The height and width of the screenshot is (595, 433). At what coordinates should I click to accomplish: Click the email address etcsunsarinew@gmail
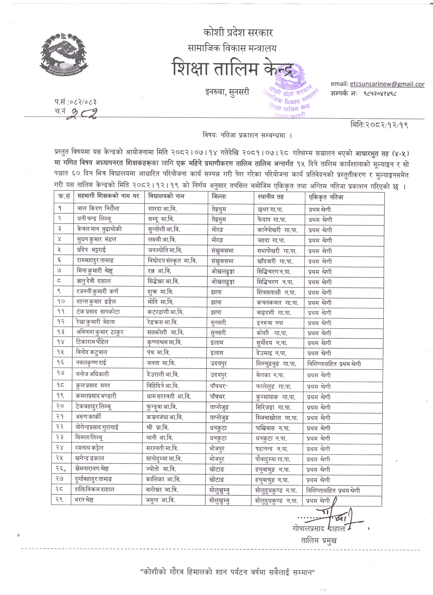387,84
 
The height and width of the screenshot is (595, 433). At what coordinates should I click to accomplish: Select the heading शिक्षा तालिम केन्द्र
233,68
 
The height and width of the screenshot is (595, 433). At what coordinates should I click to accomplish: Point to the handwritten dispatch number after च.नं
82,113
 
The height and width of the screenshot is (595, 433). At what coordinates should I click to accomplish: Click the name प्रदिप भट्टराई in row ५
92,250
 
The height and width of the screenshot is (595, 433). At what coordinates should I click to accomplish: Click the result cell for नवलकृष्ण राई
334,364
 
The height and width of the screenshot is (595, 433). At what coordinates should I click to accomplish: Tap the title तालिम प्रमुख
319,540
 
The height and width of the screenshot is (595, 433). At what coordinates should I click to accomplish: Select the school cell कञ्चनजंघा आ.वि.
164,417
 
